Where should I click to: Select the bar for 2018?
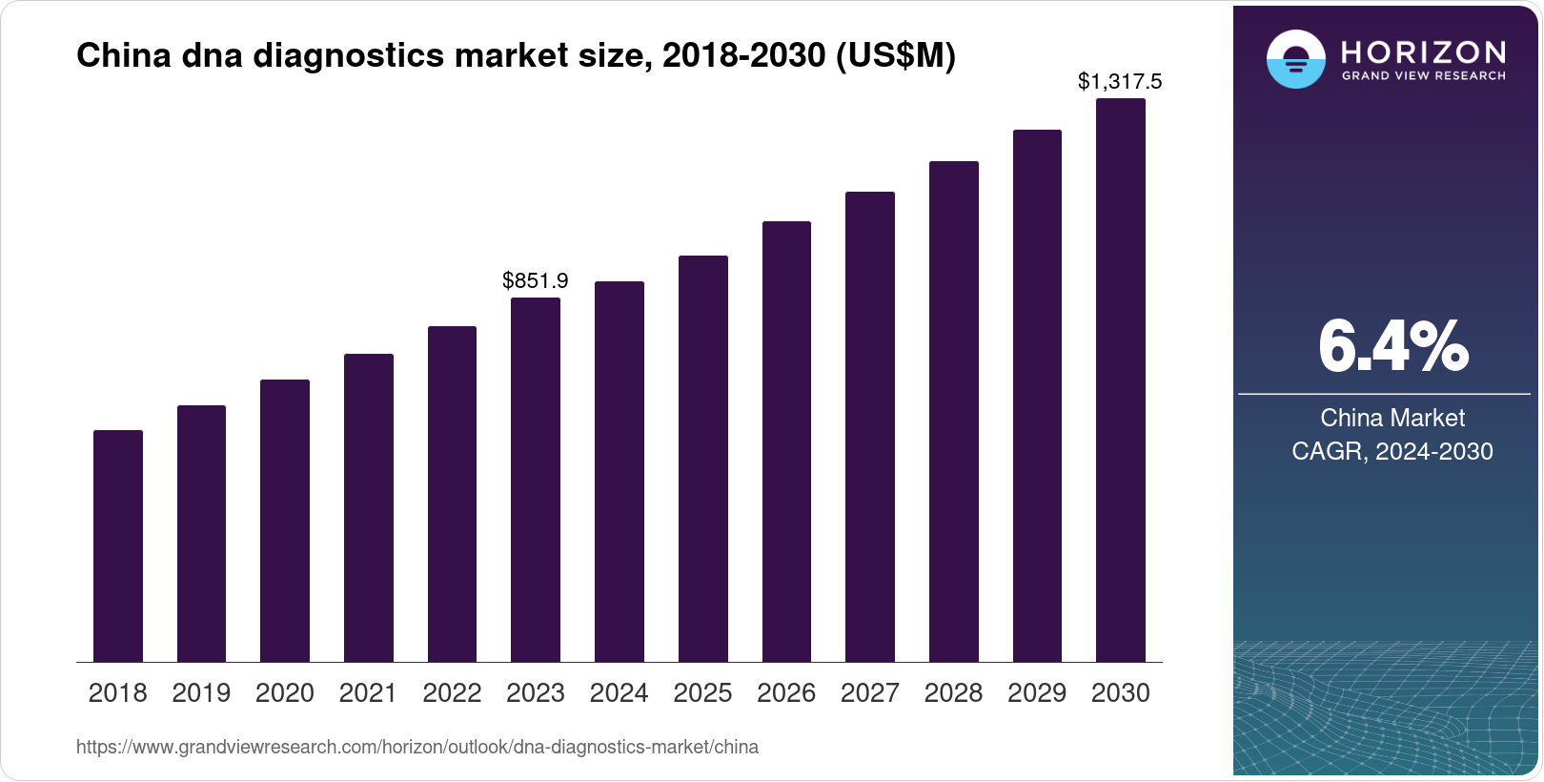(118, 545)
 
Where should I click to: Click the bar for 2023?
(536, 480)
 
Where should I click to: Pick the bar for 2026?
(786, 442)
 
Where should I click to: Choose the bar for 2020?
(285, 521)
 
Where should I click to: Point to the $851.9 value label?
(536, 280)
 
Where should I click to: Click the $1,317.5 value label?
(1120, 82)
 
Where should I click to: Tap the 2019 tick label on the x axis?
(201, 693)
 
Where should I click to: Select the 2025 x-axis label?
(702, 693)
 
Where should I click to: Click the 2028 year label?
(953, 693)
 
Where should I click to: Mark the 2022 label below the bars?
(452, 693)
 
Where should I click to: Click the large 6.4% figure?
(1392, 347)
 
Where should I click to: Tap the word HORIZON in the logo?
(1423, 52)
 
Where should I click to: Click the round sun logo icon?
(1295, 59)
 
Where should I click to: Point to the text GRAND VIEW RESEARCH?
(1423, 75)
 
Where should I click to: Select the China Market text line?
(1392, 418)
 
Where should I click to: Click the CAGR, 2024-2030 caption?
(1392, 451)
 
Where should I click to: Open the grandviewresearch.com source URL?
(417, 747)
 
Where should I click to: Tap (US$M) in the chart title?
(895, 56)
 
